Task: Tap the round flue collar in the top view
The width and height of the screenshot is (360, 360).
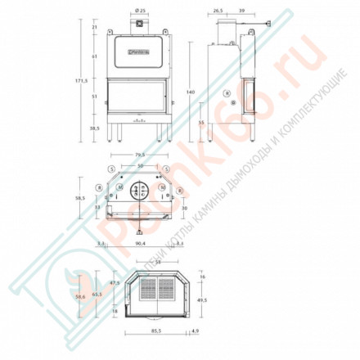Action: pos(138,190)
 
